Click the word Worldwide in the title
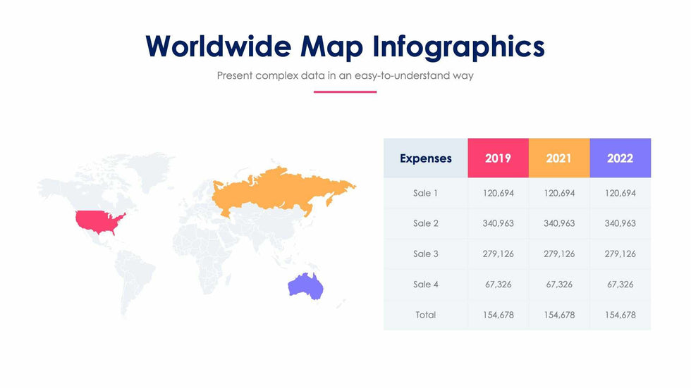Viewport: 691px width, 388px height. (x=218, y=46)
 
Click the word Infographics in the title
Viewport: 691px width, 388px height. (x=459, y=47)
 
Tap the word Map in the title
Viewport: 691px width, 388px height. (x=332, y=47)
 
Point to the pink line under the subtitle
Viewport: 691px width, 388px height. (x=345, y=92)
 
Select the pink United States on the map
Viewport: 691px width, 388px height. (x=100, y=222)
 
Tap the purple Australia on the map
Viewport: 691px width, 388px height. (x=306, y=286)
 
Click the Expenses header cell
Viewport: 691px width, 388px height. (x=426, y=158)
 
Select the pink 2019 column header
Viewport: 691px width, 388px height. (x=499, y=158)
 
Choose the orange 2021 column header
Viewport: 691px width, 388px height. (x=559, y=158)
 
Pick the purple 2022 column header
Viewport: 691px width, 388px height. (x=620, y=158)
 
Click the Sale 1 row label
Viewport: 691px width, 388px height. (x=426, y=193)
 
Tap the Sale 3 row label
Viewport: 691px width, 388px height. (x=426, y=254)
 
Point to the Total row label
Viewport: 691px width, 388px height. (x=426, y=315)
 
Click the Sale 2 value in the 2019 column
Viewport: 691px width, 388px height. (x=499, y=223)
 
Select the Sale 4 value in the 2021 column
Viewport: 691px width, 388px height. (x=559, y=284)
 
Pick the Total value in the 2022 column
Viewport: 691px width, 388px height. (x=620, y=315)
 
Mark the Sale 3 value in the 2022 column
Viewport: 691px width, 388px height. (x=620, y=254)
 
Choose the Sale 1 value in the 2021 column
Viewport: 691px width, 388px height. (x=559, y=193)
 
